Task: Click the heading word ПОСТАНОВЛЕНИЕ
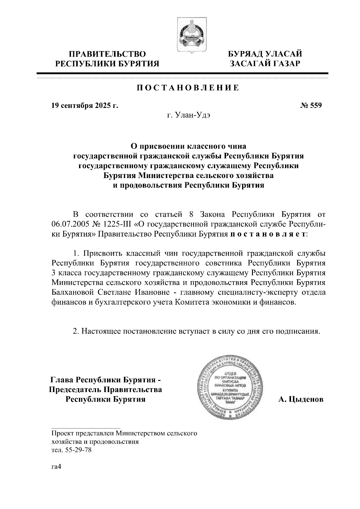[x=188, y=88]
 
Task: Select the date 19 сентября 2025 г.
[x=85, y=105]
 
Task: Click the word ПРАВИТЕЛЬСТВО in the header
[x=108, y=54]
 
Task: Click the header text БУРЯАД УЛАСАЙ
[x=265, y=54]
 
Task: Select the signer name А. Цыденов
[x=301, y=400]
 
